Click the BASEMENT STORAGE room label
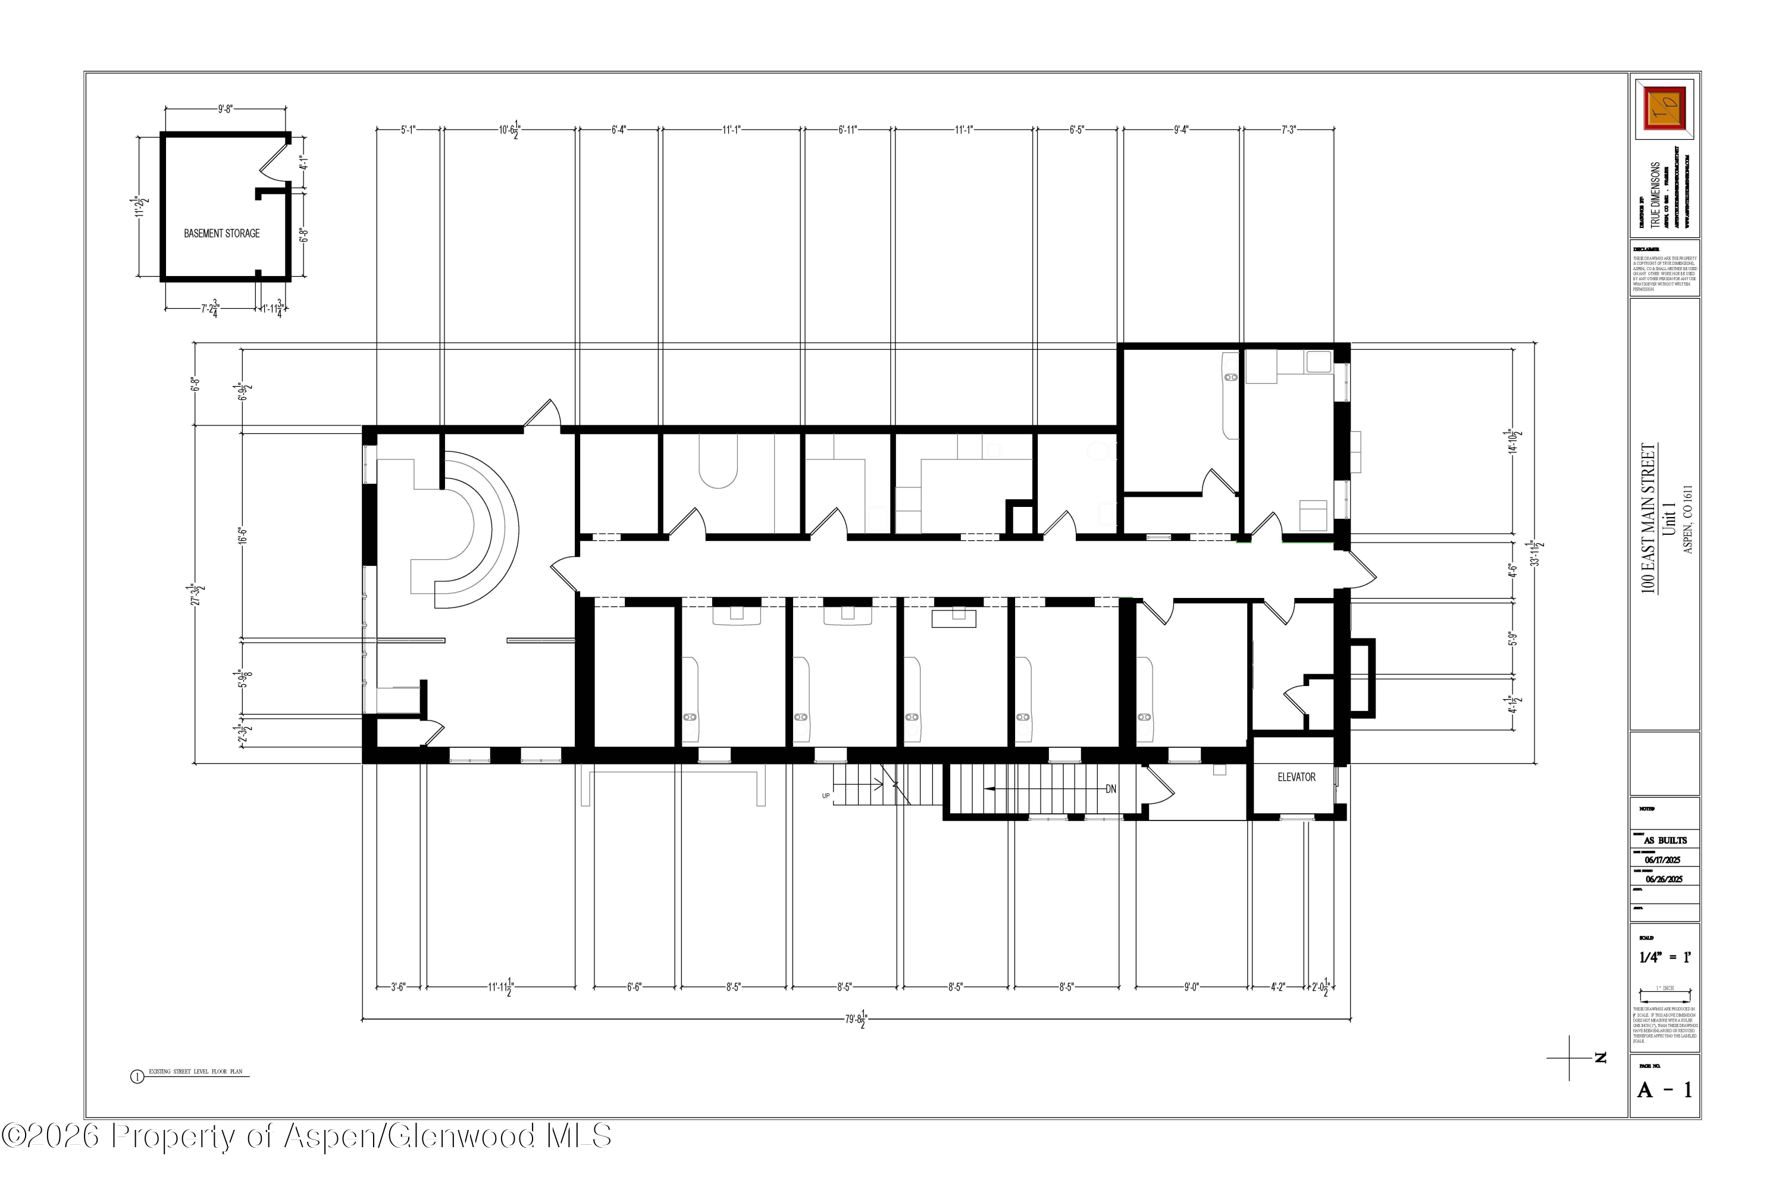pos(221,234)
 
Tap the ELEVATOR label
pos(1297,777)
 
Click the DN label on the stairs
pos(1110,790)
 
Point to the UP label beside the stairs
pos(826,796)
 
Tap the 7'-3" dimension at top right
pos(1289,130)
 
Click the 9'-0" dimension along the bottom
pos(1192,987)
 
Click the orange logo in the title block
pos(1664,108)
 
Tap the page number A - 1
pos(1664,1091)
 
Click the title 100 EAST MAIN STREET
pos(1648,518)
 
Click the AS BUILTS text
pos(1665,840)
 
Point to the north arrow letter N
pos(1601,1057)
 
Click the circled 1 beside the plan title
pos(137,1076)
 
